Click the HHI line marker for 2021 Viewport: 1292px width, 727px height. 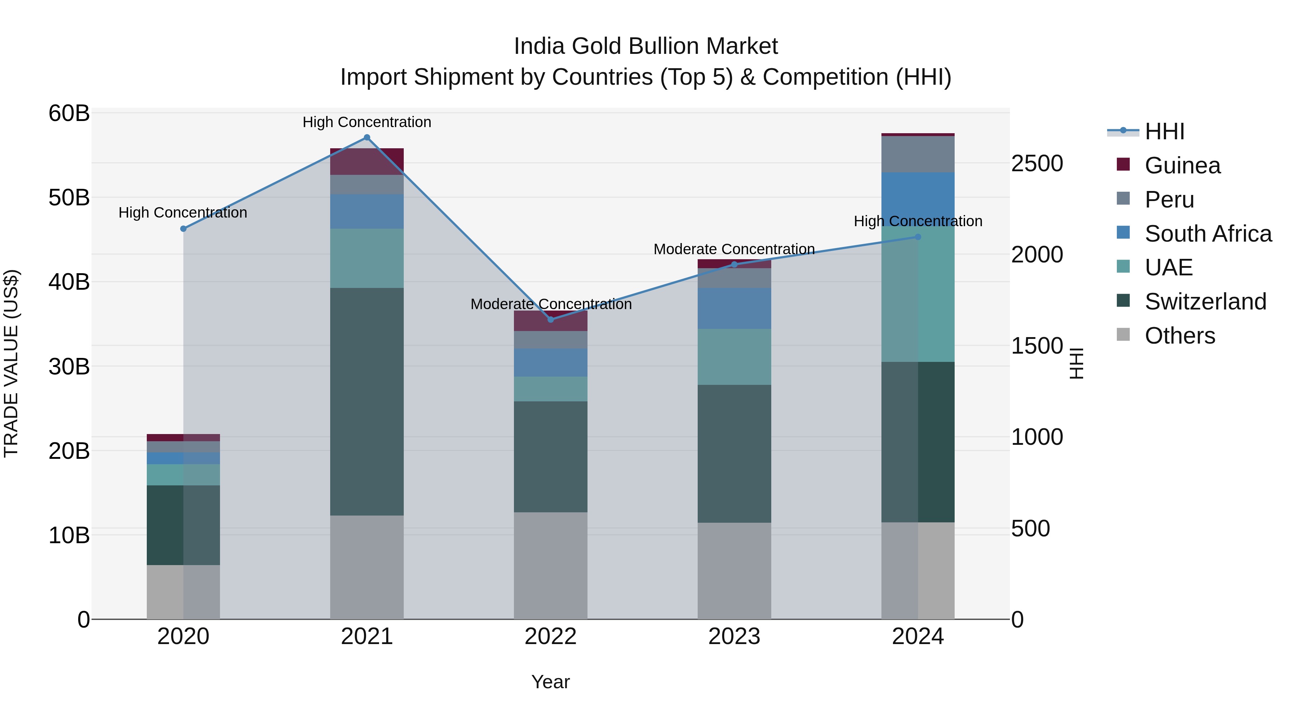click(367, 138)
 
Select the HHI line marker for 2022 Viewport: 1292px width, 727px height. click(550, 320)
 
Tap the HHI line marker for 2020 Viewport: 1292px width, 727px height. click(183, 229)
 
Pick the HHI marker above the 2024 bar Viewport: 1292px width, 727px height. click(918, 237)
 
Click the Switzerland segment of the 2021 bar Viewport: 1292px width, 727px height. click(367, 401)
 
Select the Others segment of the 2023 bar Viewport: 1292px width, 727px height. click(734, 571)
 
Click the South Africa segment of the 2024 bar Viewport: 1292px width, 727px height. click(918, 199)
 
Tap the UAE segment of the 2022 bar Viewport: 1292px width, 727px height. click(550, 389)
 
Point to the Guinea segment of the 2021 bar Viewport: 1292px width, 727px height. click(367, 162)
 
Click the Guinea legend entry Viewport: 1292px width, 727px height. click(1182, 166)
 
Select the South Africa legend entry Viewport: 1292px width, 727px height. click(1208, 234)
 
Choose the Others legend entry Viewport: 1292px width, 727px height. click(1180, 336)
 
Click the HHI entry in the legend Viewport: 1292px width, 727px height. click(1164, 131)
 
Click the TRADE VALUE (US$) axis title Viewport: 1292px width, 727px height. click(11, 363)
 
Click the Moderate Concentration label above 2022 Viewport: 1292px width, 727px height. click(551, 304)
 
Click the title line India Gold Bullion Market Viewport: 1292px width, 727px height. click(646, 46)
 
